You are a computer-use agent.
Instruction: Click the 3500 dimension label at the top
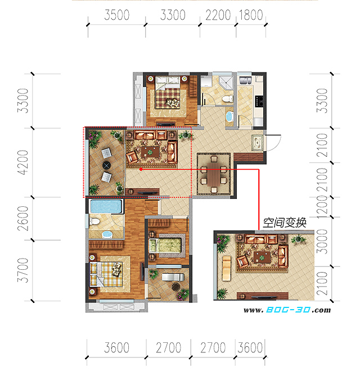point(116,15)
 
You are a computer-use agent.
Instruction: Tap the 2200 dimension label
point(218,15)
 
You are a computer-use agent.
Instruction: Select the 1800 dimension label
point(251,15)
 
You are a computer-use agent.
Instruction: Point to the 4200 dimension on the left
point(23,162)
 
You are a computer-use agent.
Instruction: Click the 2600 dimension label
point(23,219)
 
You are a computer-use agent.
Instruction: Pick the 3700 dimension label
point(23,270)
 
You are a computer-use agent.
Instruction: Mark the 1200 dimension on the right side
point(322,207)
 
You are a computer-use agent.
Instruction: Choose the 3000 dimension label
point(322,242)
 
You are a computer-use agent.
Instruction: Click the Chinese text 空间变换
point(285,223)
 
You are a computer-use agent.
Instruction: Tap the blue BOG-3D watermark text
point(288,310)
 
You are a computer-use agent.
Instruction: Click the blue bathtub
point(106,206)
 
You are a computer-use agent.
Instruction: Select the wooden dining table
point(214,173)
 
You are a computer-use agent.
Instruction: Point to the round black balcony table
point(106,165)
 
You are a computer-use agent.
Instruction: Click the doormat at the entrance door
point(258,143)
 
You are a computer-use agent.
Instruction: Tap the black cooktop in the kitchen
point(259,101)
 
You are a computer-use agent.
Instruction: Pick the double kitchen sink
point(245,80)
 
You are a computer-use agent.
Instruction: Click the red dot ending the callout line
point(141,169)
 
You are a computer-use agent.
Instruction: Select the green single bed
point(165,246)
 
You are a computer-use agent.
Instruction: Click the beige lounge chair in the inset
point(227,269)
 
